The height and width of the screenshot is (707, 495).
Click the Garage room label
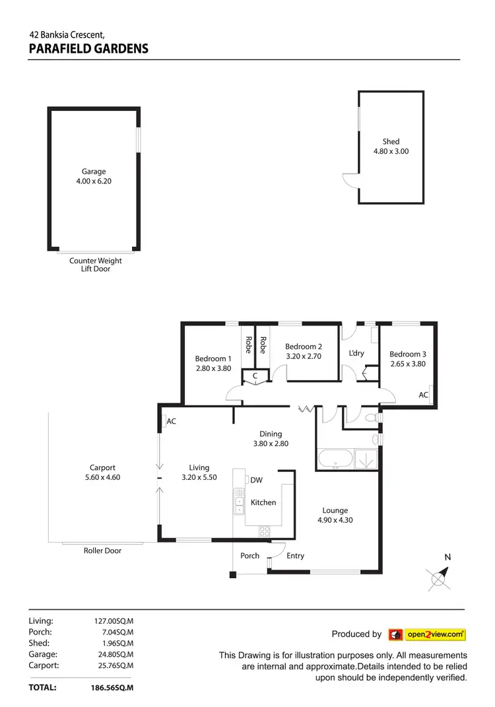point(94,172)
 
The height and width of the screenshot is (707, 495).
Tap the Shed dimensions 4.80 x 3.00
point(391,151)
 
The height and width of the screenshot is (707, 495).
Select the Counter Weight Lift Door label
point(96,265)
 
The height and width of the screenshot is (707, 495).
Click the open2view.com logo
point(427,634)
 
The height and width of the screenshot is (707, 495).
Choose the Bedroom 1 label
point(213,359)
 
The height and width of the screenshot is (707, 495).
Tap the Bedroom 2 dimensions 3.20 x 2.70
point(304,356)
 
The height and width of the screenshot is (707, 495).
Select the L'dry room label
point(356,353)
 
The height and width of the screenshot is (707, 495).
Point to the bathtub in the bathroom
point(337,459)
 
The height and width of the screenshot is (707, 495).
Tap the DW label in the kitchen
point(257,481)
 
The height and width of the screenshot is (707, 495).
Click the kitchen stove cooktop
point(264,530)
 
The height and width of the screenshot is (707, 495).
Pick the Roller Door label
point(102,551)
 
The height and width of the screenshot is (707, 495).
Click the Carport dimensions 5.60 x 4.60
point(102,477)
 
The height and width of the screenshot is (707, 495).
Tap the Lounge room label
point(335,510)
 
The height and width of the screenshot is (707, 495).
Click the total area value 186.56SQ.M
point(112,687)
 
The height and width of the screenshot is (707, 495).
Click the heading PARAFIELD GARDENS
point(88,49)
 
